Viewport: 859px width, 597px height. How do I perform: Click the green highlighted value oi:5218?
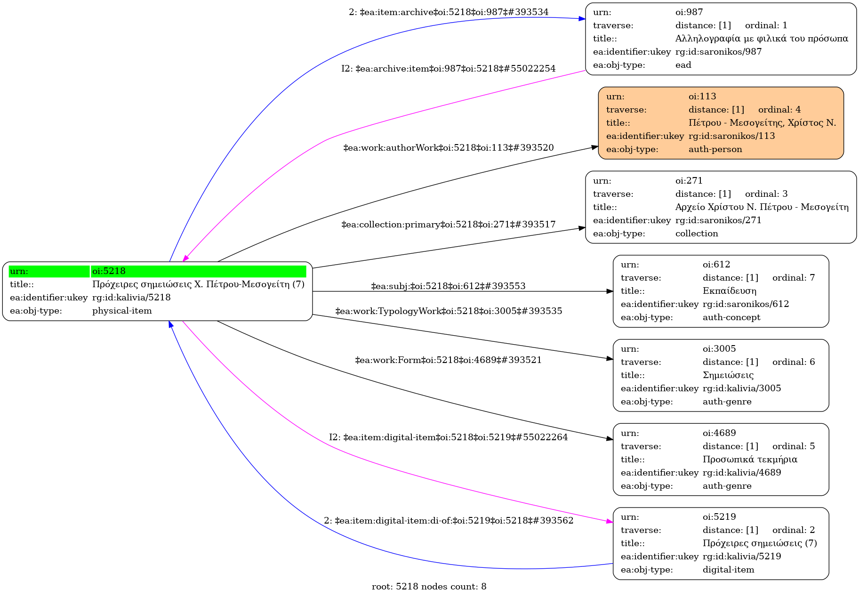109,271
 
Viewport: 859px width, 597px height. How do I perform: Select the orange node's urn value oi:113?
702,97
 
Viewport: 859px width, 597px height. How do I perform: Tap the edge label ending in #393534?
448,12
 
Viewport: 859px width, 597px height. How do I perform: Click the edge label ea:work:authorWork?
448,148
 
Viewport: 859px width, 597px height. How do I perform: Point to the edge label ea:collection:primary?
448,225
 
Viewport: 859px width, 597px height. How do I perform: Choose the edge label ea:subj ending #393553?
448,286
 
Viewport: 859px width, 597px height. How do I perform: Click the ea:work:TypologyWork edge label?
448,311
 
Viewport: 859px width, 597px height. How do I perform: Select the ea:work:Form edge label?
448,360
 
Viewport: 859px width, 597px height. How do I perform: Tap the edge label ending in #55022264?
448,437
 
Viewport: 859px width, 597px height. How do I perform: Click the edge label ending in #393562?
448,521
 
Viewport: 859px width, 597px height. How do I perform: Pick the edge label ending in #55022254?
448,69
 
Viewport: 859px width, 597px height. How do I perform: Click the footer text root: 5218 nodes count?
429,587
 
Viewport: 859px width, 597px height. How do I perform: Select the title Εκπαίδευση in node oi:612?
729,291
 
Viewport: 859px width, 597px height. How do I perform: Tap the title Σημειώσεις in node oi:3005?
728,375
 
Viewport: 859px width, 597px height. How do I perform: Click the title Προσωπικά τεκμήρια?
750,460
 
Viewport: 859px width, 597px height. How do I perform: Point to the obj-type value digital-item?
728,570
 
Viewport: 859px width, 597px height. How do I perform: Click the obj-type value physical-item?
122,311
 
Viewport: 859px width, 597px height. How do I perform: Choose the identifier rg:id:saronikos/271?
718,220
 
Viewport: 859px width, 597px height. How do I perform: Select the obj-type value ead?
683,65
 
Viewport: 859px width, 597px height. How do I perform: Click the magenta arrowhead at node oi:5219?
610,522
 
